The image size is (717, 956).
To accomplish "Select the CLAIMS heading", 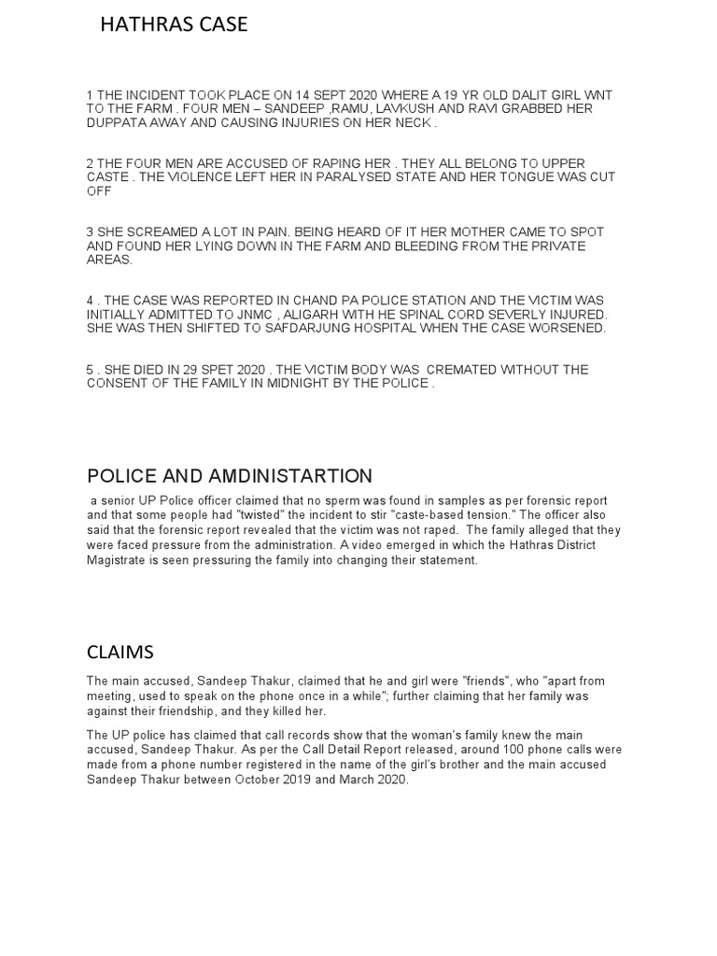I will tap(120, 652).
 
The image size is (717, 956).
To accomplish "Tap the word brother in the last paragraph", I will tap(460, 765).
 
